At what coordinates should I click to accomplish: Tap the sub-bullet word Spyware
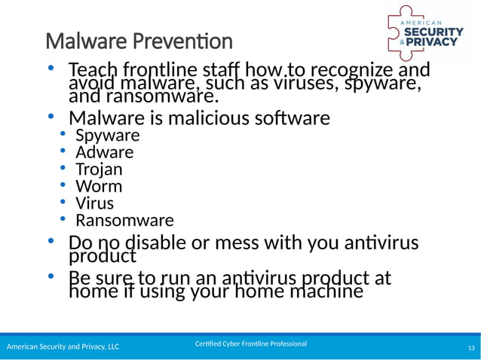click(107, 136)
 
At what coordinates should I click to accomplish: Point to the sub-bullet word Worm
click(98, 186)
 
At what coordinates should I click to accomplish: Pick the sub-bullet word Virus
click(95, 203)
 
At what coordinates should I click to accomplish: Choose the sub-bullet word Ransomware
click(124, 221)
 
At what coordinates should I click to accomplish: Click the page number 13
click(471, 347)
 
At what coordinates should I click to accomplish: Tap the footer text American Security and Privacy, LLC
click(63, 347)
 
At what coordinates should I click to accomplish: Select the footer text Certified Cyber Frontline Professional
click(250, 344)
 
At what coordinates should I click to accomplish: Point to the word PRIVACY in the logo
click(434, 42)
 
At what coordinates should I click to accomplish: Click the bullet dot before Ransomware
click(64, 220)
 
